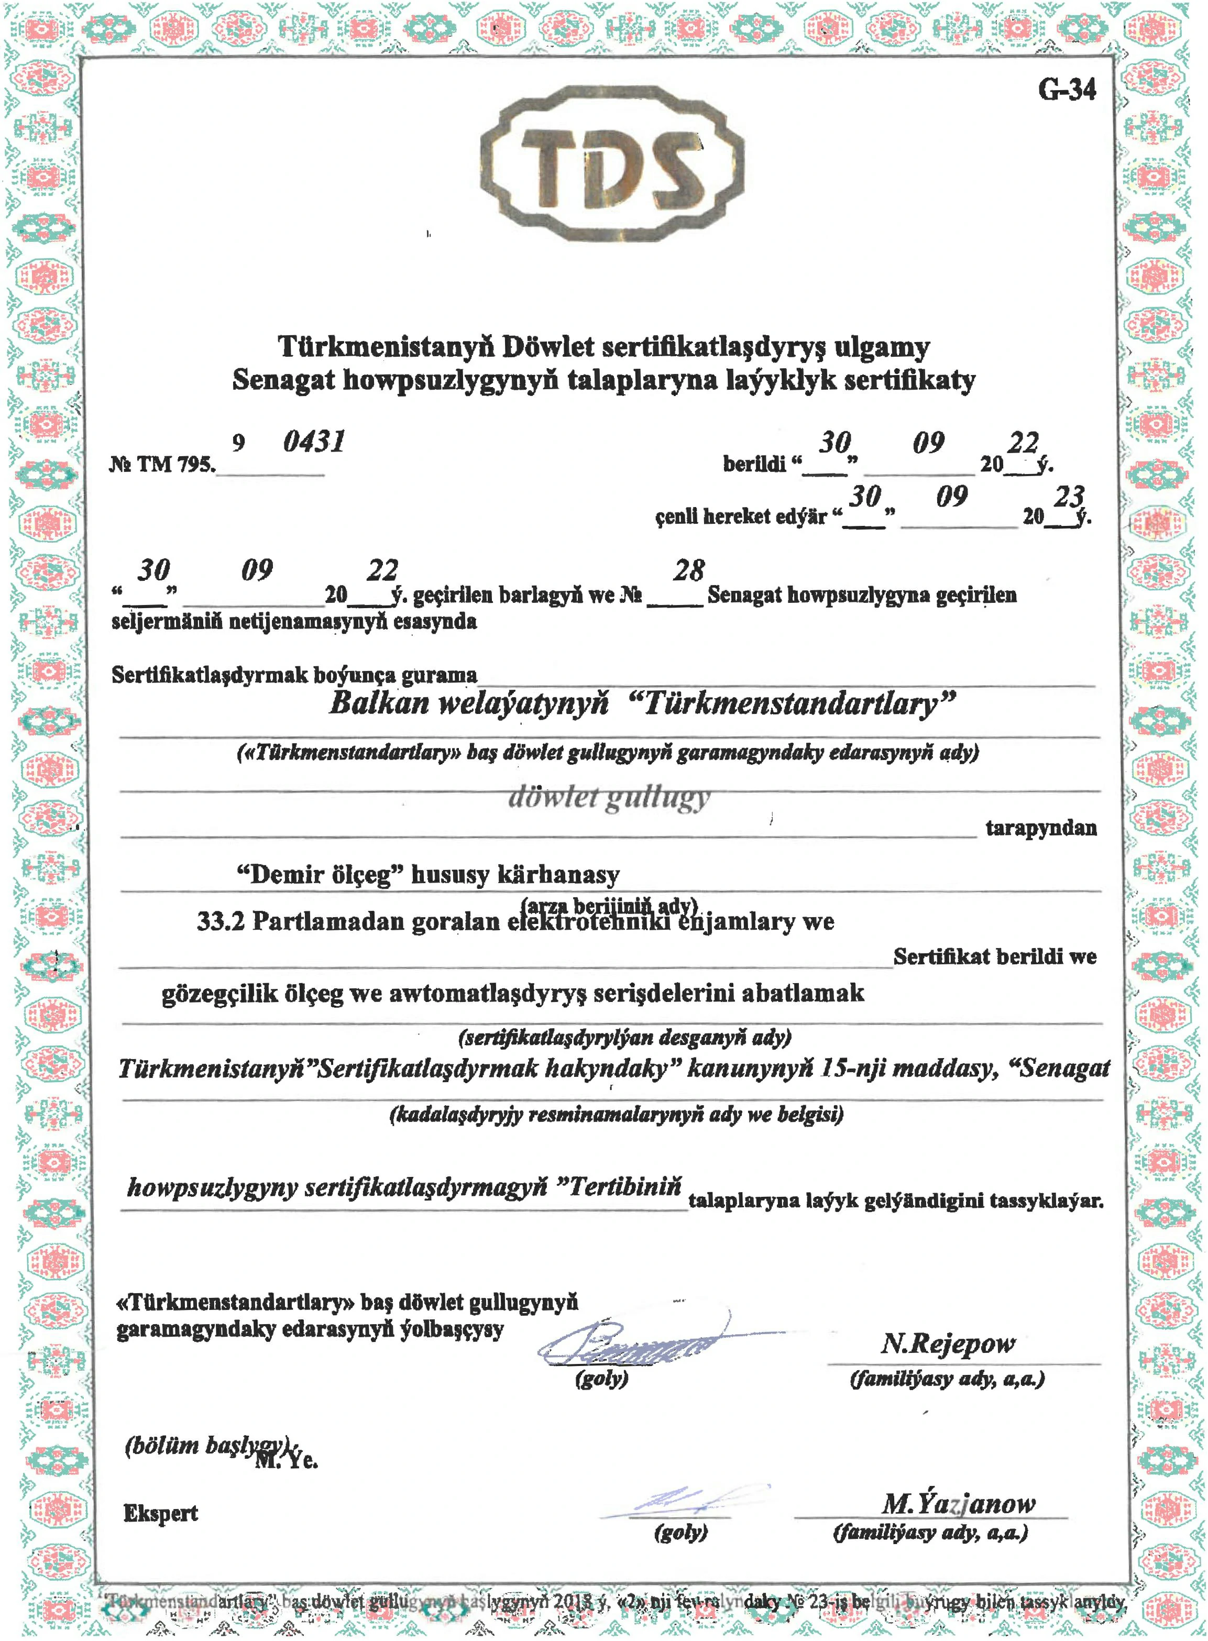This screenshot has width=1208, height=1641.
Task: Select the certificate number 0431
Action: (314, 442)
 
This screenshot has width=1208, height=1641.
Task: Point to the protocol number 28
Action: (689, 570)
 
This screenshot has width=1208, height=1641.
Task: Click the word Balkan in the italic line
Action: (379, 703)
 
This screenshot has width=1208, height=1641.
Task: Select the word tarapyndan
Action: (1040, 828)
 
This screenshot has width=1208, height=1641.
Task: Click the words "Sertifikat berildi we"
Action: (994, 956)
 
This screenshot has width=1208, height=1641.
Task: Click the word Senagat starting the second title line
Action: (283, 380)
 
